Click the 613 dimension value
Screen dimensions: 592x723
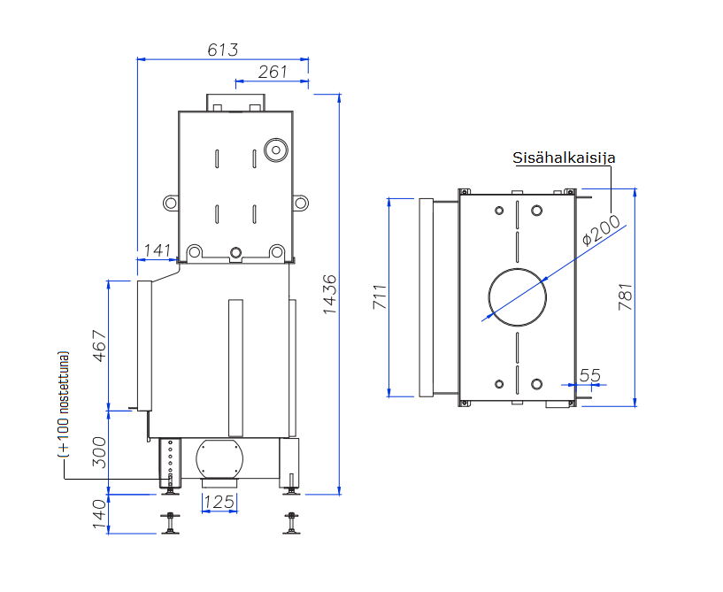[x=223, y=50]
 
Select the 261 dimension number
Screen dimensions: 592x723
[x=273, y=72]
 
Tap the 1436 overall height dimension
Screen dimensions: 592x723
[x=329, y=295]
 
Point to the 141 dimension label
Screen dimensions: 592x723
[x=157, y=250]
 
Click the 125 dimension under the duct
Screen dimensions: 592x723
[x=219, y=503]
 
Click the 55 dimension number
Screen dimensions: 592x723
[x=589, y=375]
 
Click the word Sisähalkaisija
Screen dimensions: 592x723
[x=564, y=158]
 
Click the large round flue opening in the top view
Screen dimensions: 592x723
[x=518, y=297]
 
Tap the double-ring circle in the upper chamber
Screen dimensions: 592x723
[x=275, y=149]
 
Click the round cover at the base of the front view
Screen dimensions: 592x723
[x=219, y=458]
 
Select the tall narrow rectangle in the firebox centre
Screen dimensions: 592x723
[x=235, y=368]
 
